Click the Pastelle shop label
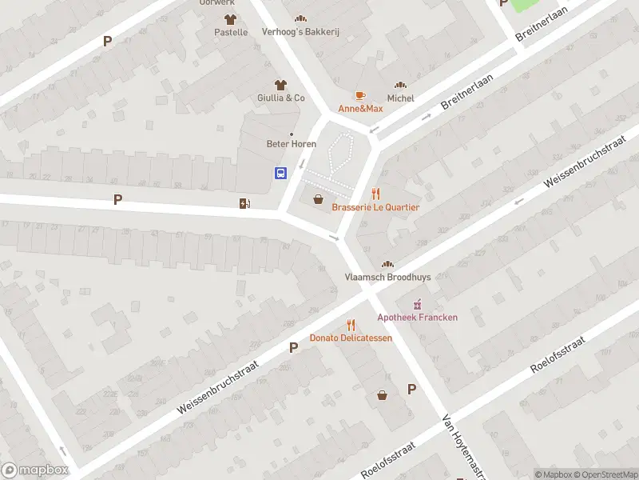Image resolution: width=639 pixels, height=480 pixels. pos(231,32)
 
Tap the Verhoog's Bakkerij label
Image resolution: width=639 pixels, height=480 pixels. pos(300,32)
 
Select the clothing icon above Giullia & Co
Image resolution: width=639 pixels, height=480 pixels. pos(280,84)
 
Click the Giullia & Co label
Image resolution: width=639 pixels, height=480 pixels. pos(280,98)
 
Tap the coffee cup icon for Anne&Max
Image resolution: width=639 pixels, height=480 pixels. pos(360,95)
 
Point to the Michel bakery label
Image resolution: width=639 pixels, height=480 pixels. pos(400,98)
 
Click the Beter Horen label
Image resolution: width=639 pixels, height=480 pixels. pos(291,144)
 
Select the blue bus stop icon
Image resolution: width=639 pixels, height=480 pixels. pos(281,173)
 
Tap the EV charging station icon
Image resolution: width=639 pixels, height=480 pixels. pos(244,203)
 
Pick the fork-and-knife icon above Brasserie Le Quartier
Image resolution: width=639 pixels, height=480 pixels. pos(375,194)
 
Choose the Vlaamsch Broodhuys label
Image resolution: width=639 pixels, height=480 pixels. pos(387,277)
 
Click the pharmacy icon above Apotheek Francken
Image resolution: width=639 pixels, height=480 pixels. pos(417,304)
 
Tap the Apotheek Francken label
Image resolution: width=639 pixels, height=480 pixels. pos(417,317)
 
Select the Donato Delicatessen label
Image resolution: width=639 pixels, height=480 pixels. pos(351,338)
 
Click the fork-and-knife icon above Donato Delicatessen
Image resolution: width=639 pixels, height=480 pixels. pos(351,324)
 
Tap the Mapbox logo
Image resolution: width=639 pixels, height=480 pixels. pos(35,470)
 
